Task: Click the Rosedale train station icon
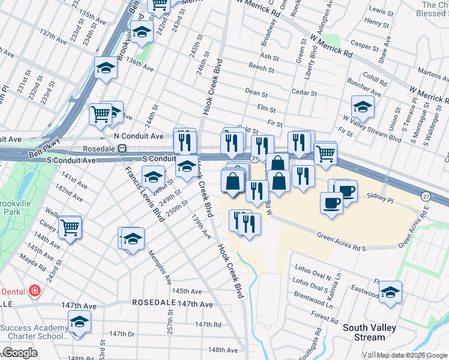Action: (122, 148)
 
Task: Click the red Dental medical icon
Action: (35, 291)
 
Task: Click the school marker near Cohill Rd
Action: (363, 107)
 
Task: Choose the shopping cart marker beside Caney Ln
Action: (70, 227)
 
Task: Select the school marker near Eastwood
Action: (390, 292)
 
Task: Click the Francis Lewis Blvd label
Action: (140, 193)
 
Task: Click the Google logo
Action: (20, 353)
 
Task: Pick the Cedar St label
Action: (304, 93)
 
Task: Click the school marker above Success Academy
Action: (79, 322)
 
